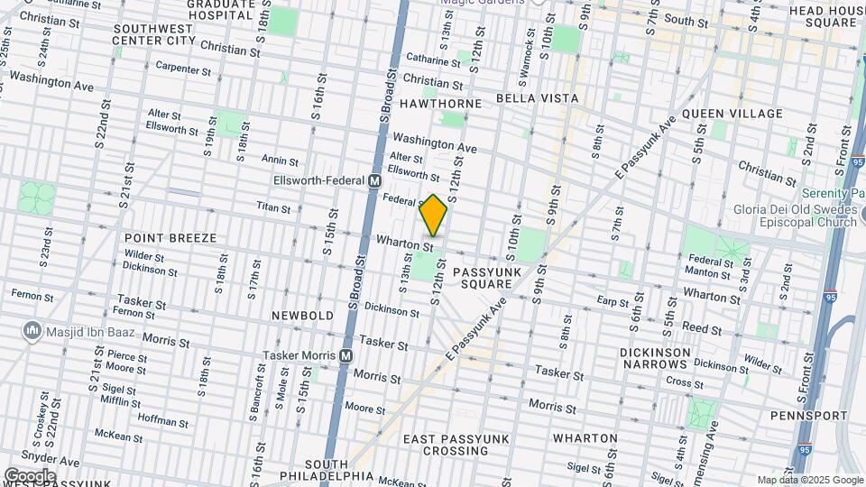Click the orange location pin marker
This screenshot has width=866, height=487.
tap(434, 216)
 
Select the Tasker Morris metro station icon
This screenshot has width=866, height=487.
tap(345, 356)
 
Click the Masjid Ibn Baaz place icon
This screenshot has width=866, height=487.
tap(32, 332)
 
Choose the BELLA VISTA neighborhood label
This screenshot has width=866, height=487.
tap(537, 97)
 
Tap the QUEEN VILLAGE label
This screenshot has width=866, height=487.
tap(732, 114)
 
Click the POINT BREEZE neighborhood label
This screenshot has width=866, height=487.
tap(170, 238)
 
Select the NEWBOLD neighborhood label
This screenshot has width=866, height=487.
tap(303, 316)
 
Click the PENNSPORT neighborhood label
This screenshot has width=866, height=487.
tap(809, 416)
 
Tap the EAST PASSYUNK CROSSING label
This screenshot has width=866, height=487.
tap(456, 445)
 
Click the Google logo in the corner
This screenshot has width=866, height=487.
tap(29, 475)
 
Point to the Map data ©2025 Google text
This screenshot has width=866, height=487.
tap(810, 480)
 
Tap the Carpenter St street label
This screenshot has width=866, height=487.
tap(182, 69)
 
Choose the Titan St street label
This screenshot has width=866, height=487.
tap(273, 208)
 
